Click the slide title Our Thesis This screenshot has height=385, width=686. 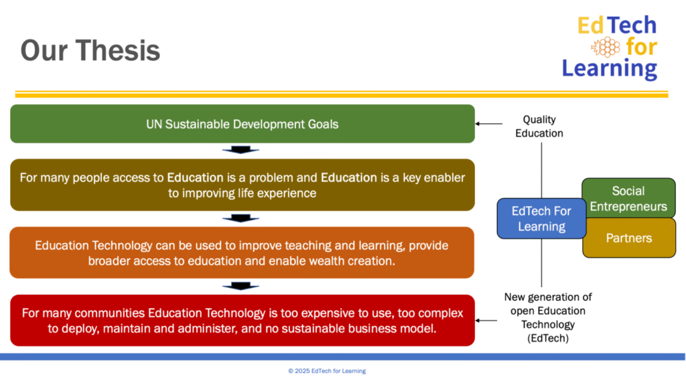point(90,50)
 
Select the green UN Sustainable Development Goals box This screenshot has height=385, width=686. point(243,124)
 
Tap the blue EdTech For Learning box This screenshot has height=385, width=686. point(541,219)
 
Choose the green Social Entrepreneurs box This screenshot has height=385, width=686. point(628,198)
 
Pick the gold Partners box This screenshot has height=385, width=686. point(628,238)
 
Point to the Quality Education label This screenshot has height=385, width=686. point(539,127)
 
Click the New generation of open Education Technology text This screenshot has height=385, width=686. point(548,317)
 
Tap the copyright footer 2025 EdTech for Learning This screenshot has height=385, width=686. point(327,371)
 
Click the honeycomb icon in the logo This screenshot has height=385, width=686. point(606,47)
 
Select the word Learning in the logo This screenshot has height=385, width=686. point(610,69)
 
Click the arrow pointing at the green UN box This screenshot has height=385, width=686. point(488,124)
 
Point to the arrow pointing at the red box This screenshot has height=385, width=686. point(486,321)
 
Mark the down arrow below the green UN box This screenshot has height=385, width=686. point(241,150)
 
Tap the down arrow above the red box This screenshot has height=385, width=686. point(241,286)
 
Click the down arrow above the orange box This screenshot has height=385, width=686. point(241,218)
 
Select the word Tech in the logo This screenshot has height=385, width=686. point(632,25)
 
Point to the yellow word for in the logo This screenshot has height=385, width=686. point(641,46)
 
